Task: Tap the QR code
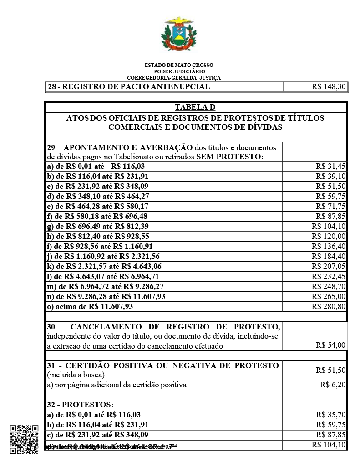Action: coord(24,440)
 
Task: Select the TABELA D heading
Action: coord(195,107)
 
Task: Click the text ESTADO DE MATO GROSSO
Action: coord(179,66)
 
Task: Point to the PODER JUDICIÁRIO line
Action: coord(179,71)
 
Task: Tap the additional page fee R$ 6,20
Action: coord(333,385)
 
